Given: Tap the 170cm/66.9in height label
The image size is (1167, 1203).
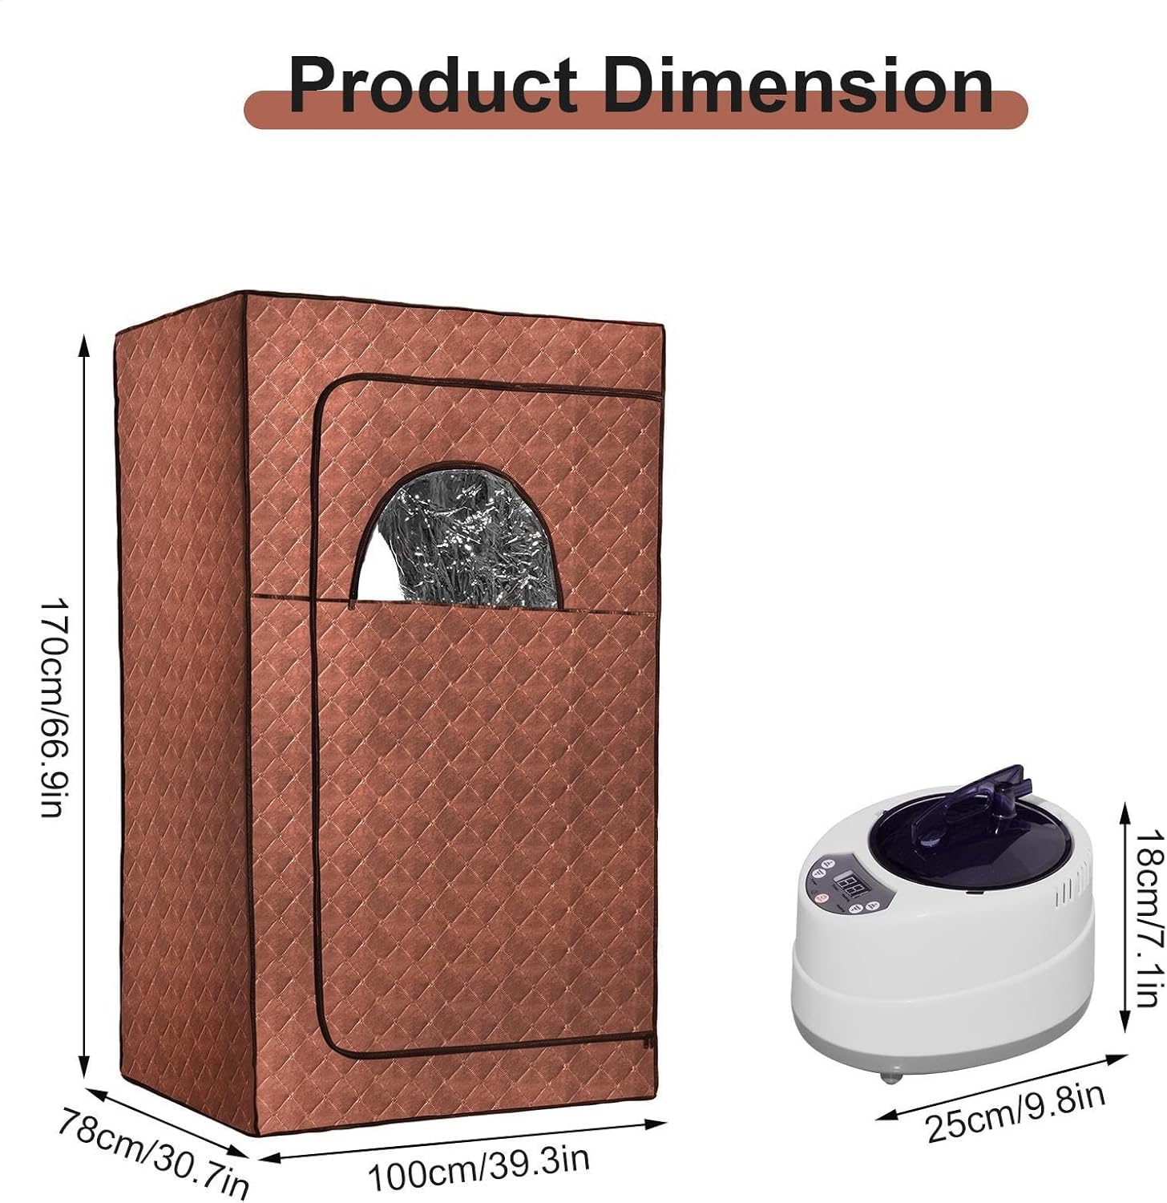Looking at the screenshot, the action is click(51, 706).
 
